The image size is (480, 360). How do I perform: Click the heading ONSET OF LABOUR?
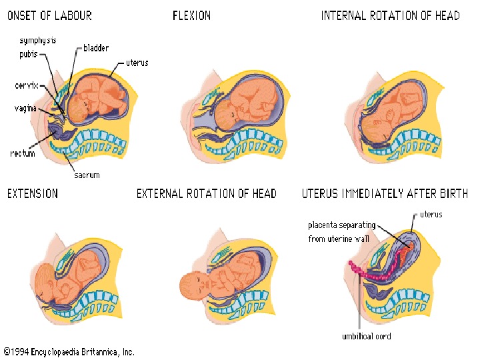coord(49,15)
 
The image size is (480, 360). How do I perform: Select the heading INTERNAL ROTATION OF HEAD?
coord(390,15)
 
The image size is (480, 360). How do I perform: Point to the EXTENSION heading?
coord(33,194)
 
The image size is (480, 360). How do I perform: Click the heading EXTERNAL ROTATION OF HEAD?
coord(207,194)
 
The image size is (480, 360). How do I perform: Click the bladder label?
coord(96,48)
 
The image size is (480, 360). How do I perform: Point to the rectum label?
coord(23,154)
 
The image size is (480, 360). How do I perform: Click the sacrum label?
coord(86,175)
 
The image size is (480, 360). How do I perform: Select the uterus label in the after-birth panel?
coord(431,215)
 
